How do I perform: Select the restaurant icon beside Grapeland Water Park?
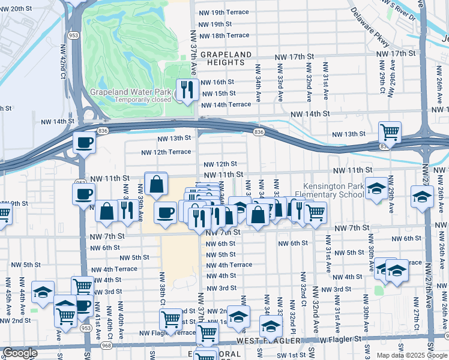pos(187,89)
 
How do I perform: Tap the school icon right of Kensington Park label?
pos(376,190)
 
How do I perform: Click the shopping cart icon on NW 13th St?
pos(390,131)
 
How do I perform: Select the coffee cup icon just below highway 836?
pos(84,143)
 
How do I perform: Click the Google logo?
pos(20,353)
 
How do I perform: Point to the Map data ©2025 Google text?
pos(411,355)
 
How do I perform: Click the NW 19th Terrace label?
pos(225,13)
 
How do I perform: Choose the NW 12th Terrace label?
pos(166,152)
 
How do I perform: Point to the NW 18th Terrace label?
pos(225,35)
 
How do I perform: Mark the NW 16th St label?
pos(217,82)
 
